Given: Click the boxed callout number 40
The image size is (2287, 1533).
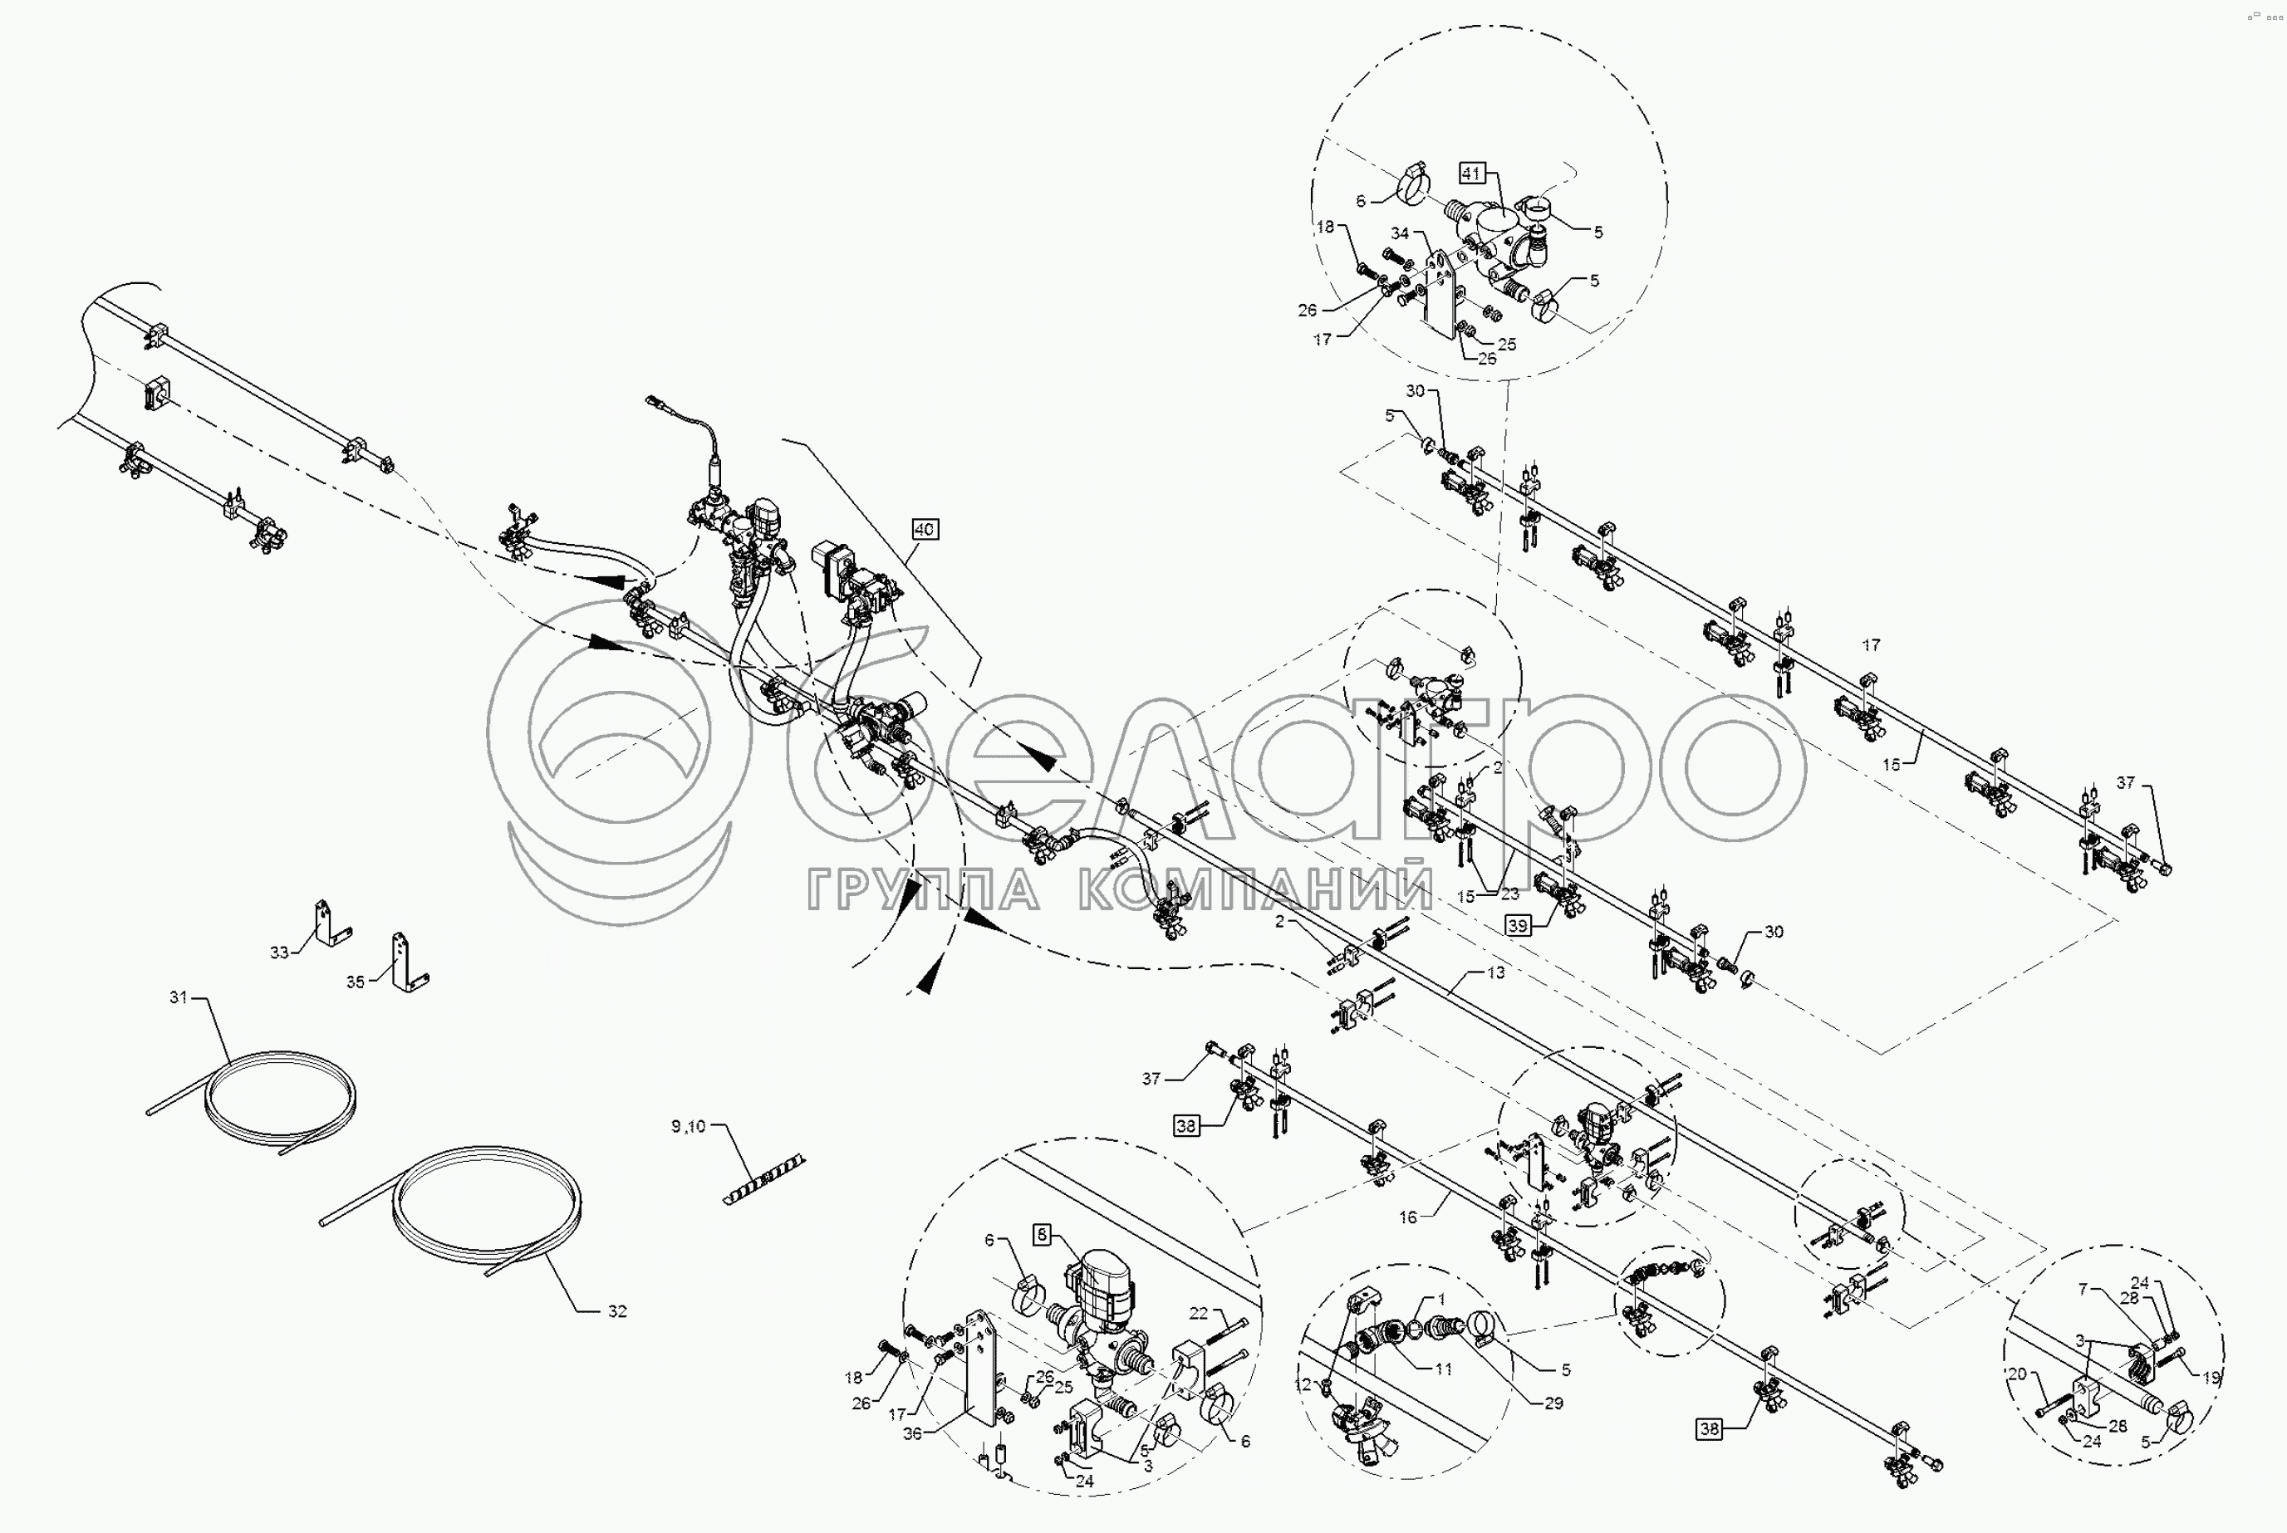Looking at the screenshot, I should [x=924, y=529].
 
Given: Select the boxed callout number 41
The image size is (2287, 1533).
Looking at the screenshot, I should [x=1471, y=173].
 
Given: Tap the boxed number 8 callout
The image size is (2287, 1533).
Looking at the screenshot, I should [x=1042, y=1235].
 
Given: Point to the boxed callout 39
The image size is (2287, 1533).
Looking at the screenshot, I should [x=1518, y=926].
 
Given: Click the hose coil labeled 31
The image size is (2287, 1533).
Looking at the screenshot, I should [x=278, y=1096].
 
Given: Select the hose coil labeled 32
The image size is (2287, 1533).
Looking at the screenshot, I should [x=486, y=1209].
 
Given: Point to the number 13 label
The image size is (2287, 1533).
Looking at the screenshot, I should [x=1496, y=972].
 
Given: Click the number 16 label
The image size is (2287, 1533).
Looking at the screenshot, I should [x=1408, y=1217].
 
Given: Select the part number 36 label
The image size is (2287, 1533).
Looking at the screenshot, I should [x=911, y=1433].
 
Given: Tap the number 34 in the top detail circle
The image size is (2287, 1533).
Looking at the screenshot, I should [x=1400, y=233].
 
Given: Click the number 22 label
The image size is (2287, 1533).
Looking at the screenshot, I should [x=1199, y=1313].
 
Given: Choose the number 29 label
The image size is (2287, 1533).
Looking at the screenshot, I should [x=1553, y=1403].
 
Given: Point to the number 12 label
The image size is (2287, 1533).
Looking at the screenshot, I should [x=1303, y=1384].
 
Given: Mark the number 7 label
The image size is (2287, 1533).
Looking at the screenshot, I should [x=2083, y=1290].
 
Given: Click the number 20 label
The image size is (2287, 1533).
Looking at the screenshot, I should [x=2016, y=1374].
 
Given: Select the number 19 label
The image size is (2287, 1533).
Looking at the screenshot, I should [x=2211, y=1378].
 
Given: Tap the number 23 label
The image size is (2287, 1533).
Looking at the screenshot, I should [x=1510, y=893].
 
